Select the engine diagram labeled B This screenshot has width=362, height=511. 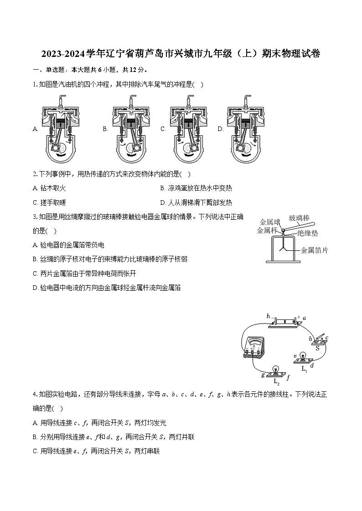pyautogui.click(x=132, y=130)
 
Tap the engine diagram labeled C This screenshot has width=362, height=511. pyautogui.click(x=189, y=130)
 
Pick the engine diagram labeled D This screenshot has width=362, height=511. pyautogui.click(x=246, y=130)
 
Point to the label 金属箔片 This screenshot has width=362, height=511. pyautogui.click(x=315, y=250)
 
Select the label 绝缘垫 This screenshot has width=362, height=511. pyautogui.click(x=308, y=233)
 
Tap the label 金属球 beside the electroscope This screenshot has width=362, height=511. pyautogui.click(x=269, y=222)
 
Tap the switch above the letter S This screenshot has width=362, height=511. pyautogui.click(x=319, y=339)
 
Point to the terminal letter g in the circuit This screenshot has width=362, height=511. pyautogui.click(x=263, y=374)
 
